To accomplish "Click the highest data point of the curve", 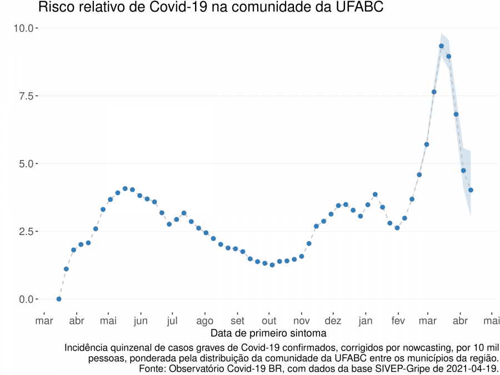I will pyautogui.click(x=441, y=46).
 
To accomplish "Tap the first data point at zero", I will pyautogui.click(x=59, y=299).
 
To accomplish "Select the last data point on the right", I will pyautogui.click(x=471, y=190).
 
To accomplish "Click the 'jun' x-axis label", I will pyautogui.click(x=141, y=321).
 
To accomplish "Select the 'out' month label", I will pyautogui.click(x=269, y=321).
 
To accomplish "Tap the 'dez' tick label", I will pyautogui.click(x=333, y=321).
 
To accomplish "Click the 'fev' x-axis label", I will pyautogui.click(x=398, y=321).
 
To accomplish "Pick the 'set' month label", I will pyautogui.click(x=237, y=321).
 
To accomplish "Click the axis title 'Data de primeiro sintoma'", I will pyautogui.click(x=268, y=333).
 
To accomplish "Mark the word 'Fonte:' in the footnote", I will pyautogui.click(x=153, y=368).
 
